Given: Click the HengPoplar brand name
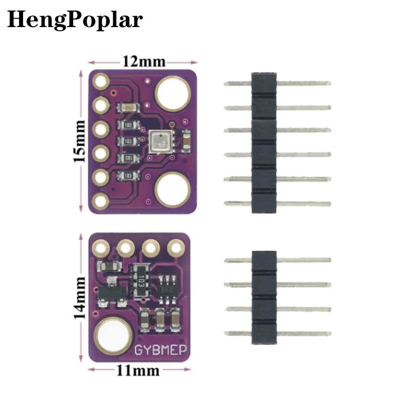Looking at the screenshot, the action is point(75,20).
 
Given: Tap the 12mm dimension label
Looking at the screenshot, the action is point(143,62).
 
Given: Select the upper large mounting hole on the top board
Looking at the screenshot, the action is point(172,93).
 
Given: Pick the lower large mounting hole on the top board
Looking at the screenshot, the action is point(172,189).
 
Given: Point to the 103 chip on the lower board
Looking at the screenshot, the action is point(142,279).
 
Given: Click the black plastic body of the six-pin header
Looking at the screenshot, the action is point(264,143).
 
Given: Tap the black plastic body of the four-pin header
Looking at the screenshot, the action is point(264,296).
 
